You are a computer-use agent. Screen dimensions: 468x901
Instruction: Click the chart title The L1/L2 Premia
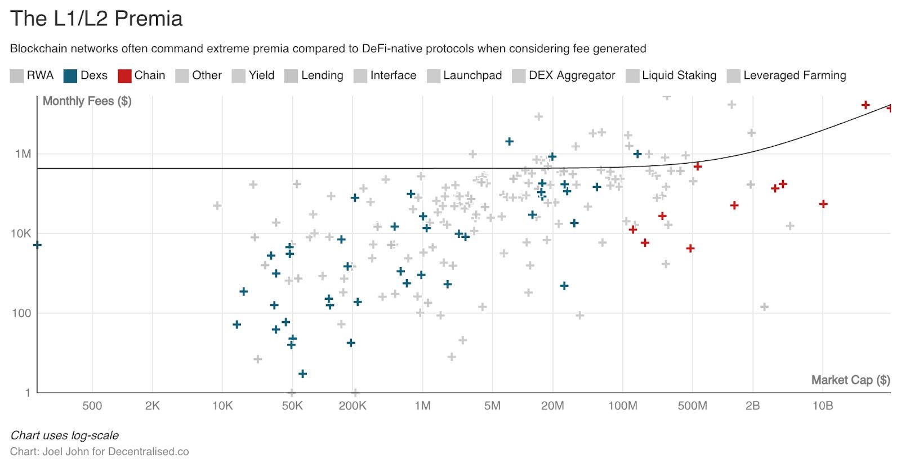tap(96, 19)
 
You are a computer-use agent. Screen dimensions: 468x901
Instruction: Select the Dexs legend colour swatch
tap(70, 76)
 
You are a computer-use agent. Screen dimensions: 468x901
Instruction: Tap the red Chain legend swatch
tap(124, 76)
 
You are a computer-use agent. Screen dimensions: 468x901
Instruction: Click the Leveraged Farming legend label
tap(794, 75)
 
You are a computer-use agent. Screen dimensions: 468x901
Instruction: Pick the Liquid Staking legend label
tap(679, 75)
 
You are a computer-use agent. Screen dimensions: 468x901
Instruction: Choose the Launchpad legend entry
tap(472, 75)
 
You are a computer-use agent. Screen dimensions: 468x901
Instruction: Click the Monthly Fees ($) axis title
tap(87, 101)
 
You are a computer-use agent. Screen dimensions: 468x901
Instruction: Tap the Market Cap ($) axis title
tap(850, 380)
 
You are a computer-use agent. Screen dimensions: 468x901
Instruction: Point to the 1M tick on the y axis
tap(23, 154)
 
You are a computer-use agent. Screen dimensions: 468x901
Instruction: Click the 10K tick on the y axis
tap(21, 233)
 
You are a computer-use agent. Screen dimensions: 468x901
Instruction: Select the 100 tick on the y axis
tap(21, 313)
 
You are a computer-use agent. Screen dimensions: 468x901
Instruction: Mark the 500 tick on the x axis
tap(92, 406)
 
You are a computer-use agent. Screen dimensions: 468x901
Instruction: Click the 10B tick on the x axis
tap(822, 406)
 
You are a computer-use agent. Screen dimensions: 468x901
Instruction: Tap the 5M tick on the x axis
tap(492, 406)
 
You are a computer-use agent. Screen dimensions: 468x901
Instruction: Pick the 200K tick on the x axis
tap(353, 406)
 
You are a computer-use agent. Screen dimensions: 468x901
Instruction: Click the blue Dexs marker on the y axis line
tap(37, 245)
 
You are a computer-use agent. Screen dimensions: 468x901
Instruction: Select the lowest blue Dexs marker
tap(302, 373)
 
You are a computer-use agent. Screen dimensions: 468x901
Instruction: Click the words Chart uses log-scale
tap(64, 435)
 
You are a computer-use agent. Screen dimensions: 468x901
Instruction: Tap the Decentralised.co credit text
tap(148, 452)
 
